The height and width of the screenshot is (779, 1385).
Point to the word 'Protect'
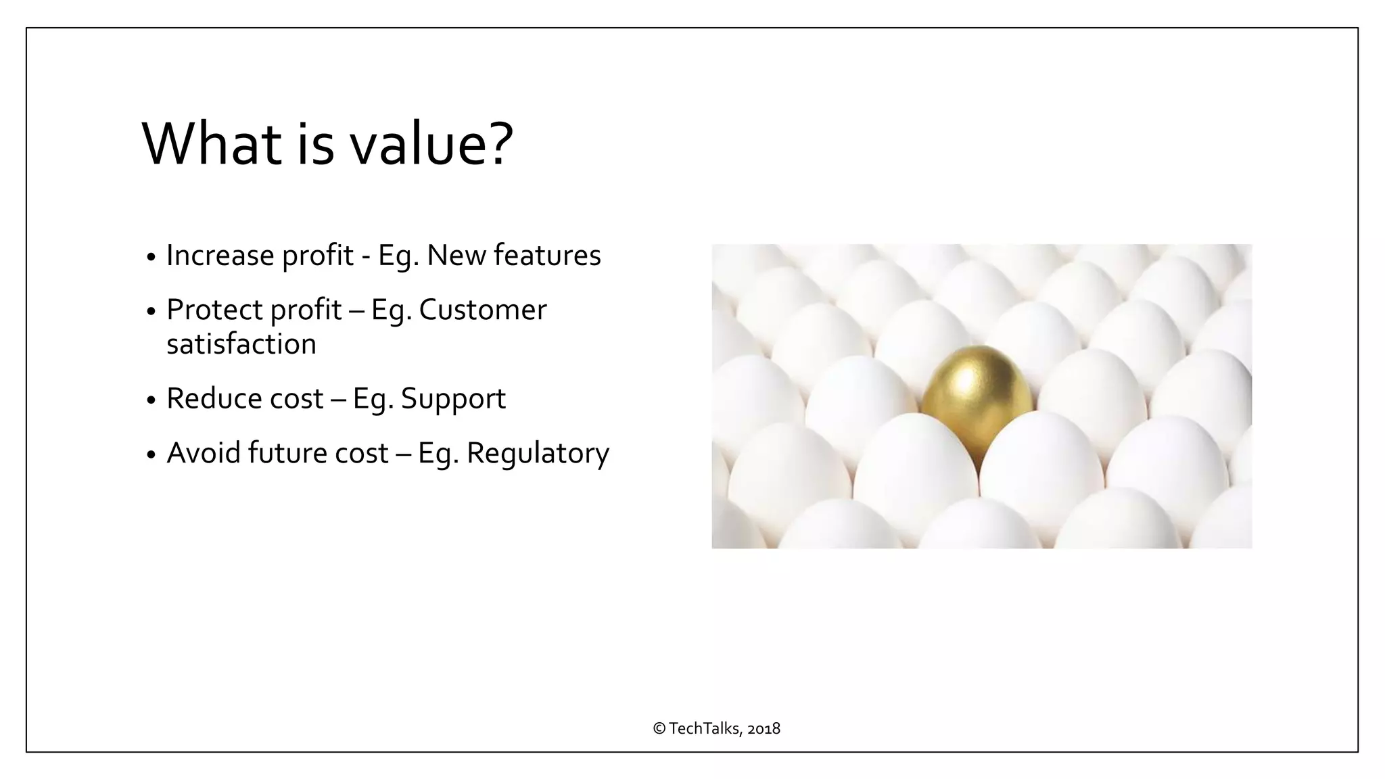pyautogui.click(x=214, y=310)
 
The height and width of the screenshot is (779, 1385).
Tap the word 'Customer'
pyautogui.click(x=482, y=310)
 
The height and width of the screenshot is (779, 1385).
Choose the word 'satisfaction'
pyautogui.click(x=241, y=344)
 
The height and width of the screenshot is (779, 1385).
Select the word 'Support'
pyautogui.click(x=453, y=399)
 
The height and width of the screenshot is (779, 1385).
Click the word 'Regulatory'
pyautogui.click(x=538, y=454)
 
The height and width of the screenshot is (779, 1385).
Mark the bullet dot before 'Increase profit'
pyautogui.click(x=151, y=258)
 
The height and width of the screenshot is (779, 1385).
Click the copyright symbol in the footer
pyautogui.click(x=659, y=729)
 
